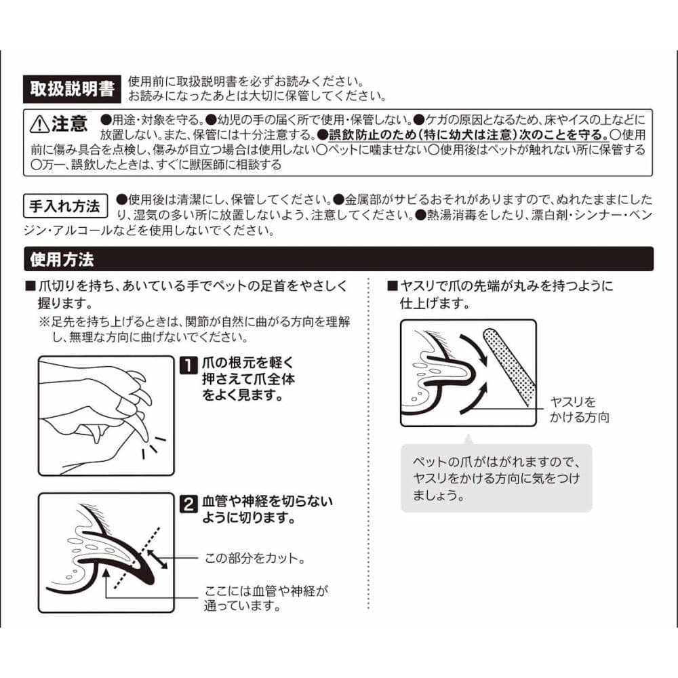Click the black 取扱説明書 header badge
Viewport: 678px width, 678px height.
click(x=72, y=89)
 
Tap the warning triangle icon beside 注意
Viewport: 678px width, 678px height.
click(x=39, y=124)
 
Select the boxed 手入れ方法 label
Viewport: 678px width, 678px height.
click(x=65, y=206)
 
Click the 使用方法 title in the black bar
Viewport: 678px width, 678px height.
click(x=62, y=260)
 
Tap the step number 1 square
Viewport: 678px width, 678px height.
click(x=188, y=365)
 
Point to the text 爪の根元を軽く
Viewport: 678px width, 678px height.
click(x=247, y=363)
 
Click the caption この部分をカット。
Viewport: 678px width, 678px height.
click(x=255, y=558)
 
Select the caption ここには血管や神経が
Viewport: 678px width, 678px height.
click(x=266, y=591)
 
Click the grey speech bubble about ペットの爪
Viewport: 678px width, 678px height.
click(x=496, y=478)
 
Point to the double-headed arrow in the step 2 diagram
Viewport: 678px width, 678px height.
click(x=157, y=559)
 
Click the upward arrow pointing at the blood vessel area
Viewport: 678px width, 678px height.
click(x=106, y=583)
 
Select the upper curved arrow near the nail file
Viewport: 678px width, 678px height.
click(x=475, y=348)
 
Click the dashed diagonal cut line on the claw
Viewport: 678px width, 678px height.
click(x=137, y=558)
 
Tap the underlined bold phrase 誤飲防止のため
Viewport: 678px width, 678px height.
click(x=372, y=134)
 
